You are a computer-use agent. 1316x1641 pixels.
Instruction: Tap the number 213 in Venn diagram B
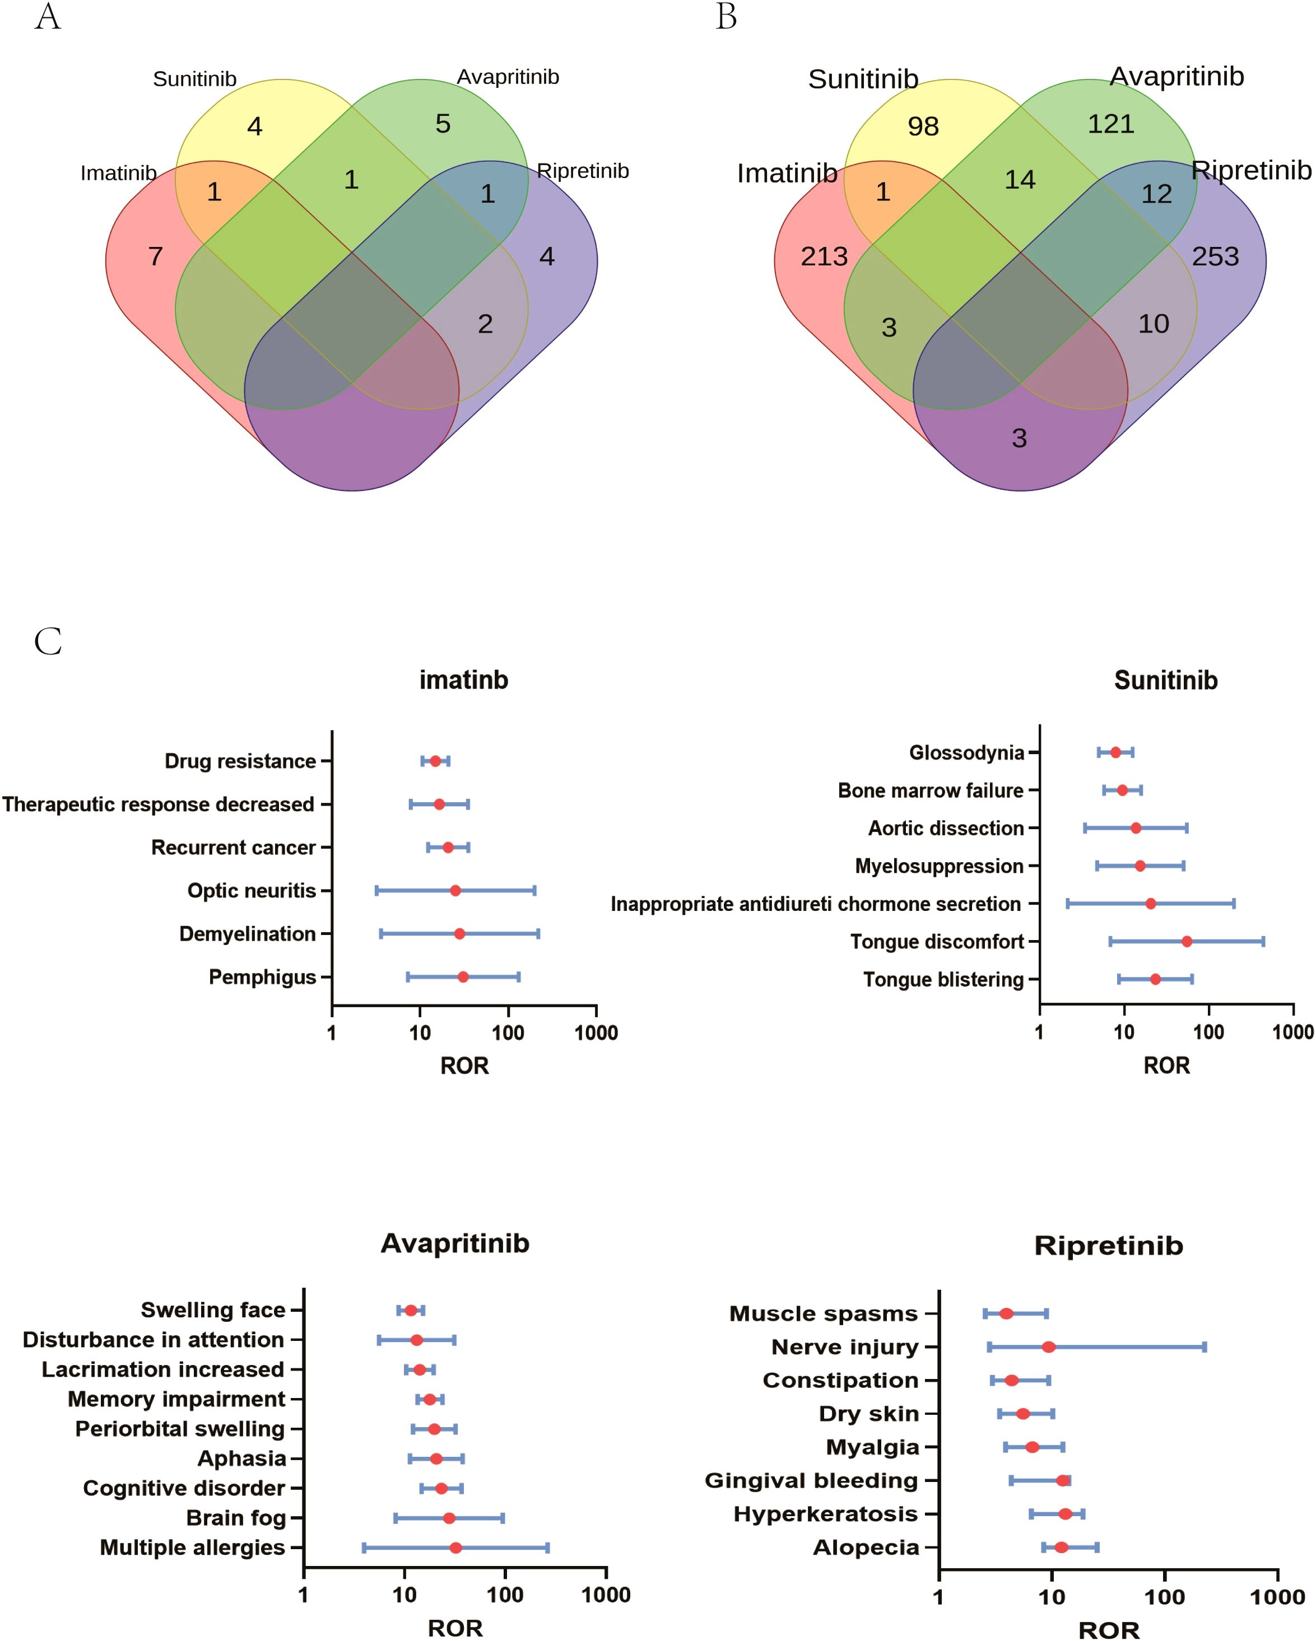click(824, 256)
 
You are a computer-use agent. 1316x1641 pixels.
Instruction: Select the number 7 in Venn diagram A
click(155, 256)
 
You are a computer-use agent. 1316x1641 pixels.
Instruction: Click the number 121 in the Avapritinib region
click(1110, 124)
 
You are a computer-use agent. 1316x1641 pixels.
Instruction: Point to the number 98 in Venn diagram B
click(923, 127)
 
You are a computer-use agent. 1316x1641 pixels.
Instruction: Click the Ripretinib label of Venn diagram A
click(583, 171)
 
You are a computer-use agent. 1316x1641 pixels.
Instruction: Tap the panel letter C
click(48, 642)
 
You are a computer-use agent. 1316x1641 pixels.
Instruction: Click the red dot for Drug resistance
click(435, 761)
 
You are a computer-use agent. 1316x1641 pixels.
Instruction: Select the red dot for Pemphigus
click(463, 976)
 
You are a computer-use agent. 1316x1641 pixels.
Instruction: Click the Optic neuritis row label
click(252, 891)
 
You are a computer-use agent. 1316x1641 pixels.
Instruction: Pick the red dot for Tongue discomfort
click(1187, 942)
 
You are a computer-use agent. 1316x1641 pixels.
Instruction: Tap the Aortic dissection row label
click(946, 828)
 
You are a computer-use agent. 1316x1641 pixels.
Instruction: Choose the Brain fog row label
click(235, 1518)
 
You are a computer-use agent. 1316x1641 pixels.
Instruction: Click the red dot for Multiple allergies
click(455, 1548)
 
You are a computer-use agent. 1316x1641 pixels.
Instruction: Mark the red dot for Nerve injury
click(1049, 1347)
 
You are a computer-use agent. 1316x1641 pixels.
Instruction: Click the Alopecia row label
click(866, 1548)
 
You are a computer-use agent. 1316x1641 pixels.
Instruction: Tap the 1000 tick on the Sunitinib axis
click(1292, 1033)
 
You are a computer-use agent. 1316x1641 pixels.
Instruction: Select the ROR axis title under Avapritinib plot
click(455, 1628)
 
